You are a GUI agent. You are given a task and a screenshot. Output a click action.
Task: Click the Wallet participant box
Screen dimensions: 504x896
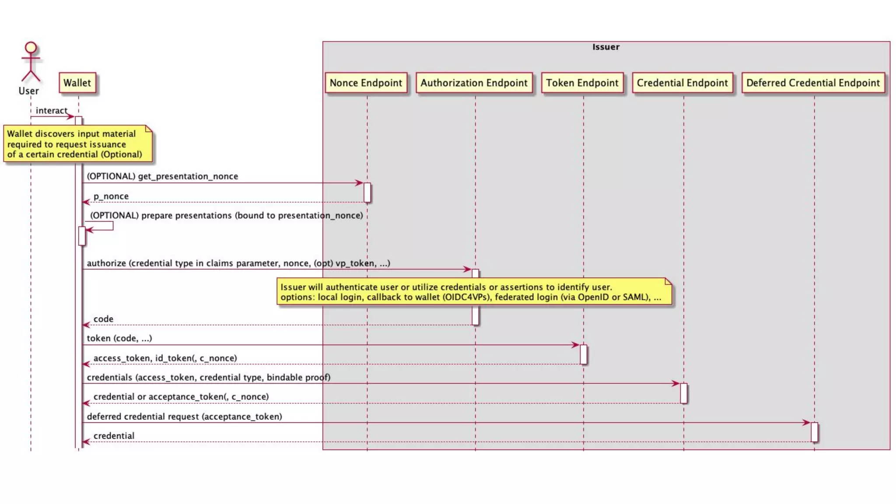pos(77,83)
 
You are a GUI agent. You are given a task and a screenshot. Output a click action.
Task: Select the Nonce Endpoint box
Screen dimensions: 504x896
pos(366,83)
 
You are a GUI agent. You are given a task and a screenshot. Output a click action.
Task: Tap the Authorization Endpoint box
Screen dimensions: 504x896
pos(474,83)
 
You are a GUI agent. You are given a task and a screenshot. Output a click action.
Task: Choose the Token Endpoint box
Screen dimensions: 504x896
pos(582,83)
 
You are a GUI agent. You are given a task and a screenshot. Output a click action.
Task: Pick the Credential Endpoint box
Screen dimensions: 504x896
pos(682,83)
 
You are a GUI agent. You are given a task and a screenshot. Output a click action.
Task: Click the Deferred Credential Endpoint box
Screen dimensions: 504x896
pos(813,83)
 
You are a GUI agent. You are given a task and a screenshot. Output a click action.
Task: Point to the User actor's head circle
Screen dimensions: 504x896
pos(31,47)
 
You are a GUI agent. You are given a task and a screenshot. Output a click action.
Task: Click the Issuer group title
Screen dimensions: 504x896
pos(606,47)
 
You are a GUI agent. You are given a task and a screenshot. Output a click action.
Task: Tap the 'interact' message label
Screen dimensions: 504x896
pos(52,111)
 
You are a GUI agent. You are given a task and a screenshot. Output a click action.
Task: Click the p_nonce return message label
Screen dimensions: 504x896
pos(111,196)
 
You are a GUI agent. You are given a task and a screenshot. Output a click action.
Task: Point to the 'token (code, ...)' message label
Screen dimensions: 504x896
pos(119,338)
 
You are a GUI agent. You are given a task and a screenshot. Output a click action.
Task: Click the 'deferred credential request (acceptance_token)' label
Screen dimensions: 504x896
pos(184,416)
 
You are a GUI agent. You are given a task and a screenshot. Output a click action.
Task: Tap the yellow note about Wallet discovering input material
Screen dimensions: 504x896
pos(78,144)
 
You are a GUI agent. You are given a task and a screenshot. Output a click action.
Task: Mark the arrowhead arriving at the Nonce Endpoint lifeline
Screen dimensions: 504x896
pos(359,183)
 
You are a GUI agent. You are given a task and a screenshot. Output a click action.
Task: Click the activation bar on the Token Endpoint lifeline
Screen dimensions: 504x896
pos(583,354)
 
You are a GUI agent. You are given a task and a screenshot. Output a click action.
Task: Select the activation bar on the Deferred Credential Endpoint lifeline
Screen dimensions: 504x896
pos(814,432)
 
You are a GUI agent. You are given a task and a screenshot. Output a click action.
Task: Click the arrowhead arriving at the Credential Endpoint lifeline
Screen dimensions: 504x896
pos(676,384)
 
